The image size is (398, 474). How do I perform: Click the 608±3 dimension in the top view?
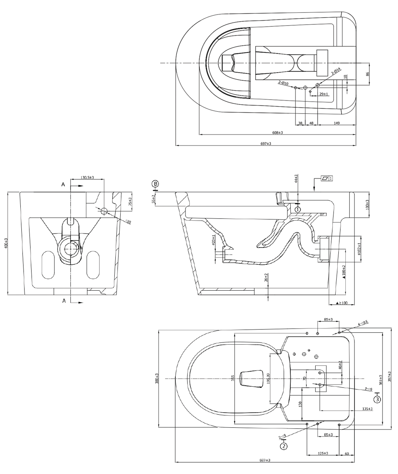tap(277, 133)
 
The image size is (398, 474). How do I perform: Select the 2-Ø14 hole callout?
tap(336, 72)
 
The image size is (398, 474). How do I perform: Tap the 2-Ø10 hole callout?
tap(283, 83)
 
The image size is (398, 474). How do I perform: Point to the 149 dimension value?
tap(337, 123)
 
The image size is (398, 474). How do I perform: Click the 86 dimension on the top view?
tap(367, 74)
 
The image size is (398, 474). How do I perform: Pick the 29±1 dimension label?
tap(323, 94)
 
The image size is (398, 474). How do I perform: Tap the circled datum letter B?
tap(155, 183)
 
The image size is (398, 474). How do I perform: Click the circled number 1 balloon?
tap(297, 209)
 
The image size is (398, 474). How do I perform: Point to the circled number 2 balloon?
tap(283, 446)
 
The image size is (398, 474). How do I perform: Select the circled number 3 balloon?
tap(377, 399)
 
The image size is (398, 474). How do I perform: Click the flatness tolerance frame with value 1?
tap(326, 178)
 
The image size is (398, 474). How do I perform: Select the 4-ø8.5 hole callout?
tap(363, 323)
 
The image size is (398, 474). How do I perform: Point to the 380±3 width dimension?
tap(157, 379)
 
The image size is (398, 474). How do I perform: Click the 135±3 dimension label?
tap(367, 409)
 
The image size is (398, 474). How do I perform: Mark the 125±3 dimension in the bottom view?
tap(323, 453)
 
